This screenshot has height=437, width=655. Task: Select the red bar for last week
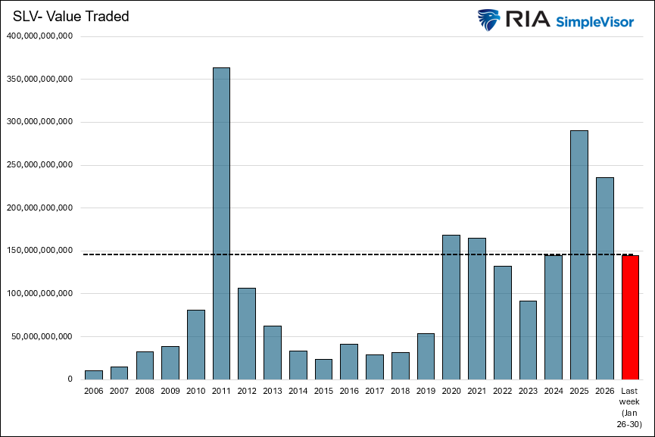(x=630, y=317)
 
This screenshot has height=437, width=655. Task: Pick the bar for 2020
(x=451, y=307)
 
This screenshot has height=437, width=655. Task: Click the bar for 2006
(x=94, y=375)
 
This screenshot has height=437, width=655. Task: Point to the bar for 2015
(x=323, y=369)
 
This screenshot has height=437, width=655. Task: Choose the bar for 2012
(x=247, y=333)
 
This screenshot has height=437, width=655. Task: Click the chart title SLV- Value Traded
(x=70, y=17)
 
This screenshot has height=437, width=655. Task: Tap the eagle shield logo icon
(x=489, y=20)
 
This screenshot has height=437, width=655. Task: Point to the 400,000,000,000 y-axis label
(x=39, y=36)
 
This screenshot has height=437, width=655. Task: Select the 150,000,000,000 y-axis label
(x=39, y=250)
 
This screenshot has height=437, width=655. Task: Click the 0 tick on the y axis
(x=69, y=379)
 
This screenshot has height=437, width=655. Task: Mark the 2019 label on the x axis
(x=426, y=391)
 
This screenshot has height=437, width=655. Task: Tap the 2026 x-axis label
(x=604, y=391)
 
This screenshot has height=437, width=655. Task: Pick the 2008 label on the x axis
(x=145, y=391)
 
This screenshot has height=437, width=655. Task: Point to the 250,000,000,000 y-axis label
(x=39, y=164)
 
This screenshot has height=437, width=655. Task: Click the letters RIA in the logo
(x=526, y=20)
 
